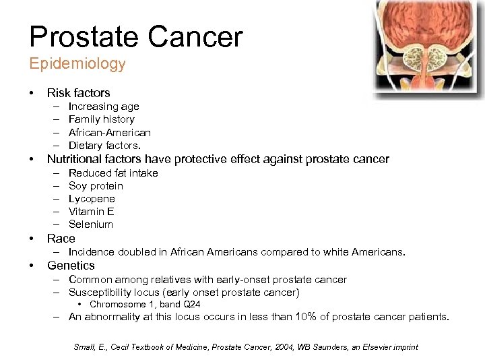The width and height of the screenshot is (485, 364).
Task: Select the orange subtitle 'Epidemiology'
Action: pyautogui.click(x=77, y=64)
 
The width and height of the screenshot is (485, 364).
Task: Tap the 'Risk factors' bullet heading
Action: pyautogui.click(x=78, y=93)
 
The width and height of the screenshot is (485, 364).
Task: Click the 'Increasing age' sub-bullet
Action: pyautogui.click(x=104, y=107)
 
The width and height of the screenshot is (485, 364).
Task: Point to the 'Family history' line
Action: pyautogui.click(x=101, y=119)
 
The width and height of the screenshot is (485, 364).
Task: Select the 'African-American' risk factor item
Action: pyautogui.click(x=109, y=132)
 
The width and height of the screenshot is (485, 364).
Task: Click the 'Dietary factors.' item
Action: pyautogui.click(x=104, y=145)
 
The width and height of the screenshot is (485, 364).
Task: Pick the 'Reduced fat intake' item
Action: pyautogui.click(x=113, y=173)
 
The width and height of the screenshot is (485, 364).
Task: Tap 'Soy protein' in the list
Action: pyautogui.click(x=96, y=186)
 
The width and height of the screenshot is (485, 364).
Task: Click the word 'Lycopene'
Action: pyautogui.click(x=92, y=199)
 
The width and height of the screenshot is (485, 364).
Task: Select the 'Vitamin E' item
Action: pyautogui.click(x=91, y=212)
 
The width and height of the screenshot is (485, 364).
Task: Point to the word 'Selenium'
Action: pyautogui.click(x=91, y=224)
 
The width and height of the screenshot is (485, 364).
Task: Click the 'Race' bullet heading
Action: pyautogui.click(x=61, y=239)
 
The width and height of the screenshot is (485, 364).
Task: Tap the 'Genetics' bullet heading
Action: pyautogui.click(x=71, y=266)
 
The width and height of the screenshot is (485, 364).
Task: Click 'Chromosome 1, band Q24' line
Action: pyautogui.click(x=145, y=305)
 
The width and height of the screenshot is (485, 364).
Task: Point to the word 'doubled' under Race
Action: pyautogui.click(x=135, y=252)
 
